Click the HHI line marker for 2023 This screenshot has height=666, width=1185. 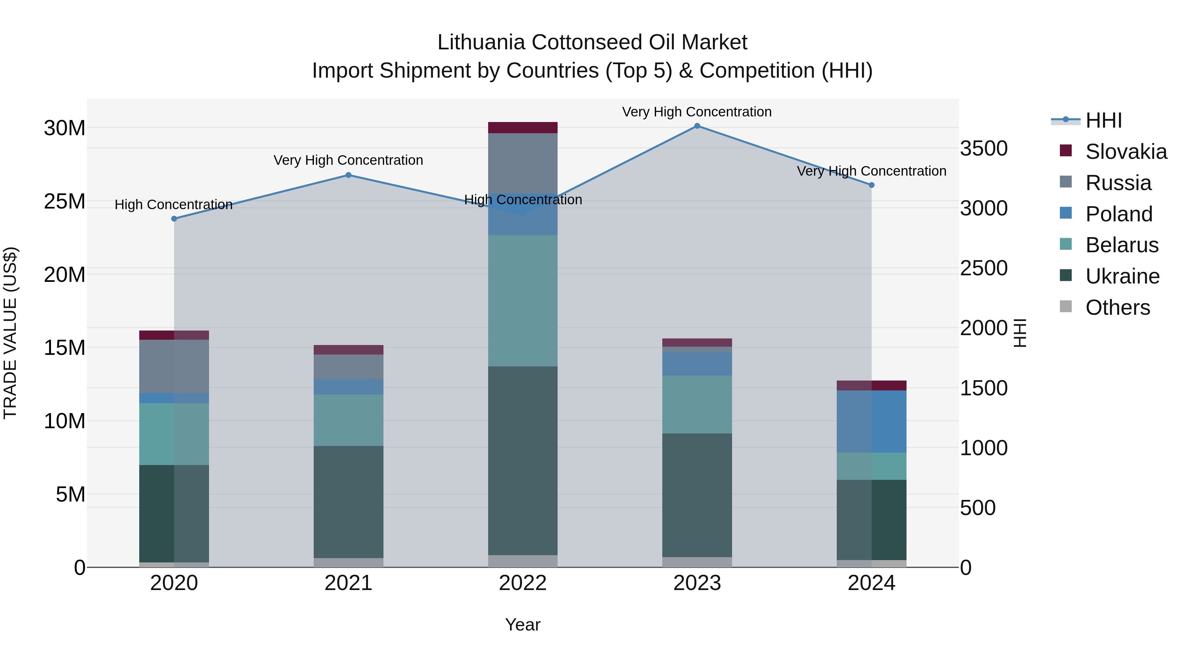tap(697, 126)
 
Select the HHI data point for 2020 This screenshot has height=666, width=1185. tap(174, 219)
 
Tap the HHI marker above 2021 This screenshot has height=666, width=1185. tap(348, 175)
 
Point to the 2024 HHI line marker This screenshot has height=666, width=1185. tap(871, 185)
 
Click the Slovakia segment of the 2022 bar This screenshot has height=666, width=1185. tap(523, 128)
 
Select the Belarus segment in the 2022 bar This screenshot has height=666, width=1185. tap(523, 301)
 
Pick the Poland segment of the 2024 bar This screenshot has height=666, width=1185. tap(871, 422)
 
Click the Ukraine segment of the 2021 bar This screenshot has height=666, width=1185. tap(348, 502)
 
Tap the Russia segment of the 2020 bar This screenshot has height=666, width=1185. tap(174, 366)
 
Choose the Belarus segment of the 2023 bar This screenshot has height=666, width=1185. tap(697, 405)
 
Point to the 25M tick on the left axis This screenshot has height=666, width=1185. tap(65, 201)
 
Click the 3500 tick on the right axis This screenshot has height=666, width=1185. tap(984, 148)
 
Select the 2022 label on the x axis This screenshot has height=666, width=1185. tap(523, 583)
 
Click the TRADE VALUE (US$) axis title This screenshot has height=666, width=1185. tap(10, 333)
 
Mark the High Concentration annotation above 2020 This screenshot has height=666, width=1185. tap(173, 205)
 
